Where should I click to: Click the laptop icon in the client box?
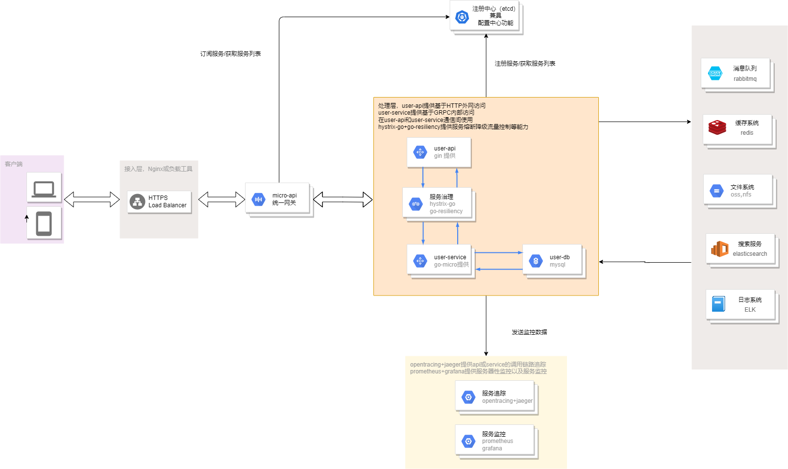[x=44, y=188]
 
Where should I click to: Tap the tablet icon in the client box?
[x=44, y=223]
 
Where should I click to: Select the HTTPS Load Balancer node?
[x=159, y=201]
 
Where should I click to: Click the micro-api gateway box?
[x=277, y=199]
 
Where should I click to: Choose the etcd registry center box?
[x=485, y=16]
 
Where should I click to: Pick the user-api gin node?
[x=439, y=152]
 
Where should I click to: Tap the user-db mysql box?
[x=552, y=261]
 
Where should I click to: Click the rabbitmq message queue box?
[x=735, y=74]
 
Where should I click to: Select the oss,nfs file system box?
[x=738, y=191]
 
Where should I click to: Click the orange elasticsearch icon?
[x=720, y=249]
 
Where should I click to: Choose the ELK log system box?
[x=740, y=304]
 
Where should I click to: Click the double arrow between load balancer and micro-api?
[x=222, y=199]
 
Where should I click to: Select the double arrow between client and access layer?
[x=92, y=199]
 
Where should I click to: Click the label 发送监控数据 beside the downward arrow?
[x=529, y=332]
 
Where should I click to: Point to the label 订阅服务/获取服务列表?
[x=230, y=54]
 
